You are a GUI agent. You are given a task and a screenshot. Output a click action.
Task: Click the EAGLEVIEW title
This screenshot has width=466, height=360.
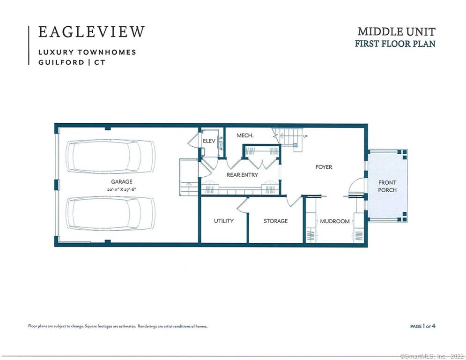[91, 32]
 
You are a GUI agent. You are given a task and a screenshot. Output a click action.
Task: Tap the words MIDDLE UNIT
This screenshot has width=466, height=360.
[397, 31]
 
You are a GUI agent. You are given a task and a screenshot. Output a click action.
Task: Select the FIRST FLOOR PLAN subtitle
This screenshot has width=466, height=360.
[395, 44]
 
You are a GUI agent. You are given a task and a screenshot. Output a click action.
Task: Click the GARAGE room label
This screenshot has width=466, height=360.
[122, 181]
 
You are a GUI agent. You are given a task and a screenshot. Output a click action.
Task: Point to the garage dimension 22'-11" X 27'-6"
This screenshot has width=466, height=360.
[122, 189]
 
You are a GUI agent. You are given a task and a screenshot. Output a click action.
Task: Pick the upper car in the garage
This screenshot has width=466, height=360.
[111, 157]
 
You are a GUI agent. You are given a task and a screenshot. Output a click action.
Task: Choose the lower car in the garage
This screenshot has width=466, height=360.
[111, 213]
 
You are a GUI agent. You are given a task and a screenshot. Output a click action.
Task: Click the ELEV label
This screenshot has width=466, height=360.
[209, 141]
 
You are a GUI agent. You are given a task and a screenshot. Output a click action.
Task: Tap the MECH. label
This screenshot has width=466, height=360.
[245, 135]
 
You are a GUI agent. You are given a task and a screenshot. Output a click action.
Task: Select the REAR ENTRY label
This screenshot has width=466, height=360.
[242, 175]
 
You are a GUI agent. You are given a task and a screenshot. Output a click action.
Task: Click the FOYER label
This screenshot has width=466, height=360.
[324, 167]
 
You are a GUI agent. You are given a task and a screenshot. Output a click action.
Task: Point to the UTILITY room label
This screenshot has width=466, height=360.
[223, 221]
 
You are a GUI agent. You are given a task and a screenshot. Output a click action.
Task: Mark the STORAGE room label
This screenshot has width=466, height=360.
[275, 221]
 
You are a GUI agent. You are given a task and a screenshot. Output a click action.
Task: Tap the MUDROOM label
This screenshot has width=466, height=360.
[335, 221]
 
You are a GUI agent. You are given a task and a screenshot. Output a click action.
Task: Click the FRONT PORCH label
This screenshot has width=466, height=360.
[387, 186]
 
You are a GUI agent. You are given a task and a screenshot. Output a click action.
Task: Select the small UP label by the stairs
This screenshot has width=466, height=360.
[305, 136]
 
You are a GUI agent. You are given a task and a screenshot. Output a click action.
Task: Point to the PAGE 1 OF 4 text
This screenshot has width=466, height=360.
[422, 326]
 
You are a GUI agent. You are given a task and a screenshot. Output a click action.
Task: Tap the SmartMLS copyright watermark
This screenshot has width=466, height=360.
[432, 356]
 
